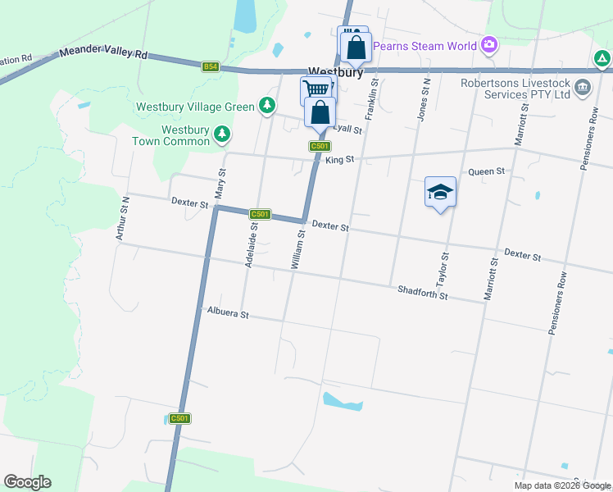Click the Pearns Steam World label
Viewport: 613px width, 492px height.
click(x=425, y=46)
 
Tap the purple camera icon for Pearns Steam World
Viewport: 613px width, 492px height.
click(x=489, y=44)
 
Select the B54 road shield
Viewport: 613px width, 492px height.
click(x=211, y=67)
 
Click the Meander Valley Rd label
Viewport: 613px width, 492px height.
click(x=103, y=54)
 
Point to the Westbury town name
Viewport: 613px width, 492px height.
click(x=335, y=72)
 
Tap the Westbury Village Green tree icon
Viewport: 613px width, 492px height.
click(x=266, y=105)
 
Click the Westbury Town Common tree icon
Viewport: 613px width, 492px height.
click(x=221, y=134)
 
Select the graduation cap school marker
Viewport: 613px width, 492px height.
click(x=440, y=193)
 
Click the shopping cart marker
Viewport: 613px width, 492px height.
click(x=315, y=89)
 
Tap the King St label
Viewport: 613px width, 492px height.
click(x=339, y=161)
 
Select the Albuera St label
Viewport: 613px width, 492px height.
click(x=228, y=312)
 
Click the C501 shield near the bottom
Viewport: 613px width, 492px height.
click(x=179, y=418)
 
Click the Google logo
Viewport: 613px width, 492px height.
click(x=27, y=482)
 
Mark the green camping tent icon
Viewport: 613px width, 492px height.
click(x=602, y=58)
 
